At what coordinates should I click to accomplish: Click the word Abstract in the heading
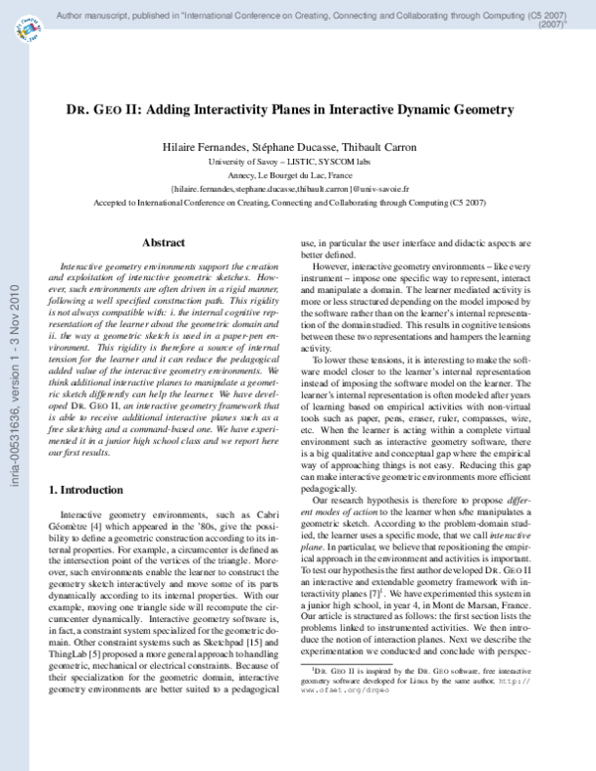click(x=163, y=242)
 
